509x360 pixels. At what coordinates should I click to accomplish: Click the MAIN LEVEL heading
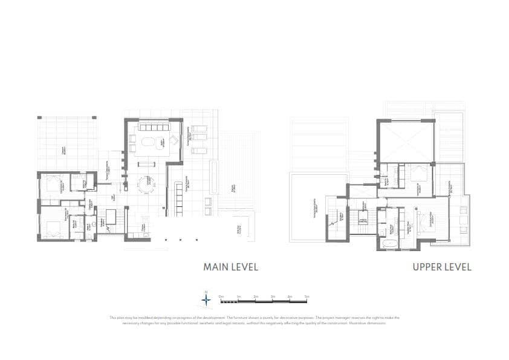point(230,267)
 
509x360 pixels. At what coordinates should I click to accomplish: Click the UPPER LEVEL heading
point(441,267)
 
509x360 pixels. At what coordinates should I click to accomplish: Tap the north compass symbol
point(206,298)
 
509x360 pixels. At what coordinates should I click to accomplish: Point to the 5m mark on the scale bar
point(307,296)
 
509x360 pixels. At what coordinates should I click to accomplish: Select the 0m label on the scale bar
point(221,296)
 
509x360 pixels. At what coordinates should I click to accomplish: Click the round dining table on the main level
point(145,183)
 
